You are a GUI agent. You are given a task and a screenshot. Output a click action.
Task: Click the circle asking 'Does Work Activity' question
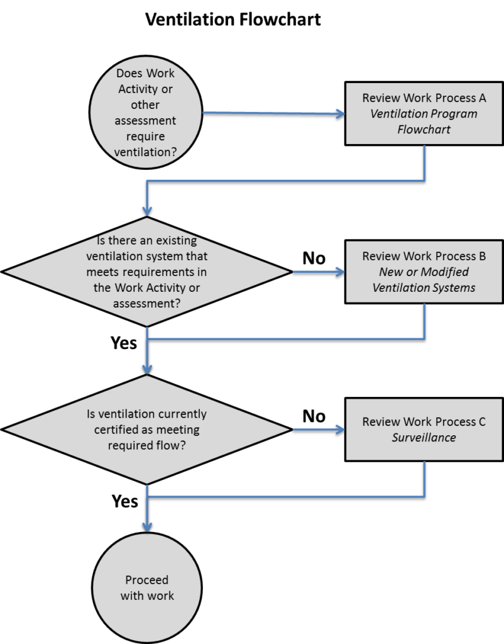click(x=146, y=114)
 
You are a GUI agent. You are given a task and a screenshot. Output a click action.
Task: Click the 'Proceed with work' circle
click(x=146, y=588)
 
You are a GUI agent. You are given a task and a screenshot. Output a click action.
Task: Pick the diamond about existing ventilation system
click(x=146, y=272)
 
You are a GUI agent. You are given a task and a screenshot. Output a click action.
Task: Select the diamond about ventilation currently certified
click(x=146, y=430)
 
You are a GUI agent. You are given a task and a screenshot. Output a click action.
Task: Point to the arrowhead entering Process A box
click(x=341, y=114)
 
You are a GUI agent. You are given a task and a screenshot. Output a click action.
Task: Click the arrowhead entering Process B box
click(x=341, y=272)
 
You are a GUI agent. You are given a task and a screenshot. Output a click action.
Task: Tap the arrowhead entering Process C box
click(x=341, y=430)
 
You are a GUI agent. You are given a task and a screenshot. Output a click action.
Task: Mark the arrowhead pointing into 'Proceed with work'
click(x=147, y=526)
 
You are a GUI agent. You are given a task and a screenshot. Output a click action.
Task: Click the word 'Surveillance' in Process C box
click(x=424, y=437)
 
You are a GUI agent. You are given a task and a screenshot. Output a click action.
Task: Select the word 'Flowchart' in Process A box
click(x=424, y=130)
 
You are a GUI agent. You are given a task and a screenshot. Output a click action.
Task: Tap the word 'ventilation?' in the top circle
click(x=146, y=152)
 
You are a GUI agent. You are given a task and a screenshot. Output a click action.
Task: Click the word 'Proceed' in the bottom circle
click(x=146, y=580)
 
